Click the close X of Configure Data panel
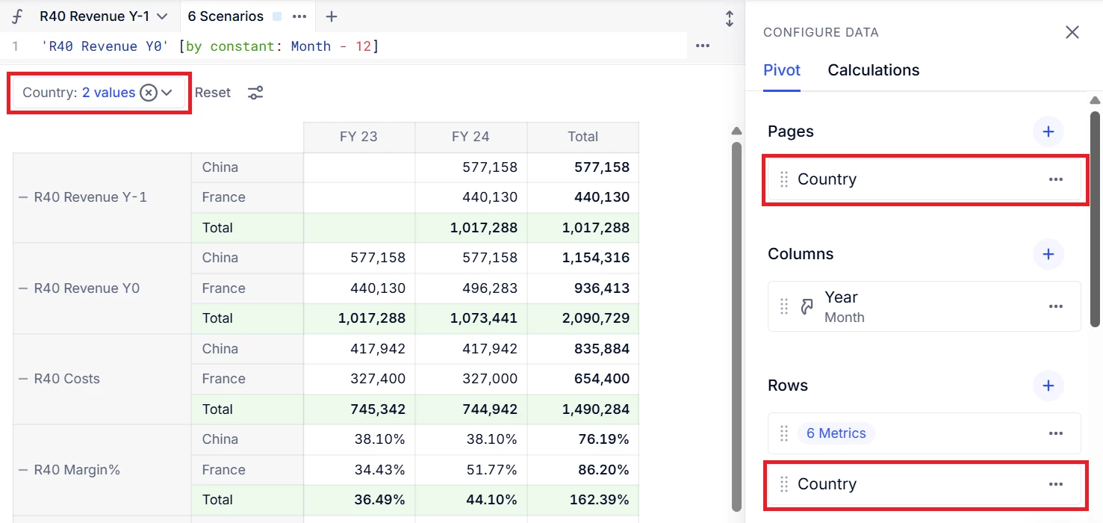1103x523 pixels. click(1072, 32)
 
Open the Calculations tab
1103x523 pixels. click(873, 70)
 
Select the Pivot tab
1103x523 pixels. click(781, 70)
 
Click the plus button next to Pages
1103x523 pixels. click(1048, 131)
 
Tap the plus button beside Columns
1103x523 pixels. click(1048, 254)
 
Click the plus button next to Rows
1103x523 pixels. click(1048, 386)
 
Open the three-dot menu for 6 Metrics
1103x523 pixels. click(1055, 433)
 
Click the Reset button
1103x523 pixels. click(213, 93)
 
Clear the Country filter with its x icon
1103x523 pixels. click(149, 93)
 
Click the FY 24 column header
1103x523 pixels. click(470, 137)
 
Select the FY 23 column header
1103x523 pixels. click(358, 137)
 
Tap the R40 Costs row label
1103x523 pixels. click(66, 379)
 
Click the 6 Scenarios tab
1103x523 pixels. click(226, 16)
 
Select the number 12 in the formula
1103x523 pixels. click(363, 46)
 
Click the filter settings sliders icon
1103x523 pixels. click(255, 93)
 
